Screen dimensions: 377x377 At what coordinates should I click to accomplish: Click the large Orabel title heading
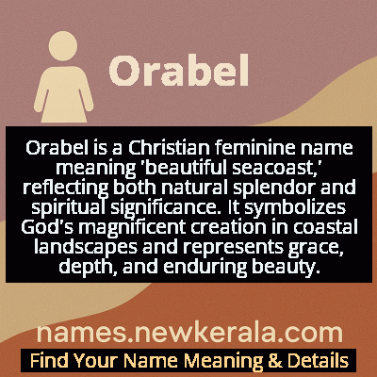(179, 70)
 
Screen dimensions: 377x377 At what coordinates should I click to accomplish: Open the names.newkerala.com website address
(188, 333)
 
